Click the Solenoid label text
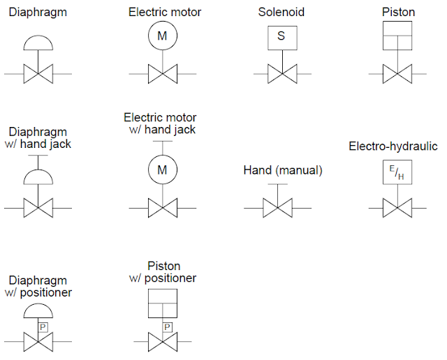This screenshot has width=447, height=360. point(281,13)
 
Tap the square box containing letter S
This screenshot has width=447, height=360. point(281,37)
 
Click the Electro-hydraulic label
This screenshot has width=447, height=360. point(393,146)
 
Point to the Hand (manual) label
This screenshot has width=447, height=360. point(283,170)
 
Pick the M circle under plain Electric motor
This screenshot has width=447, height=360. point(162,36)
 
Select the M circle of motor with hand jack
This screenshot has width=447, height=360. point(162,170)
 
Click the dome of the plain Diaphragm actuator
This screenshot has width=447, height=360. point(38,43)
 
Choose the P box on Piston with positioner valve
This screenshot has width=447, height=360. point(166,327)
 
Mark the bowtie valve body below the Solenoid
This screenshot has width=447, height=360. point(281,73)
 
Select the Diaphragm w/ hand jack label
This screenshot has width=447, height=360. point(38,137)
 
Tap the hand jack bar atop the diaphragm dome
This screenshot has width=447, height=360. point(38,157)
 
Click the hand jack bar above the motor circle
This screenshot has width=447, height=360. point(162,142)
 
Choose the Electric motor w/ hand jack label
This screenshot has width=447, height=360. point(161,123)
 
